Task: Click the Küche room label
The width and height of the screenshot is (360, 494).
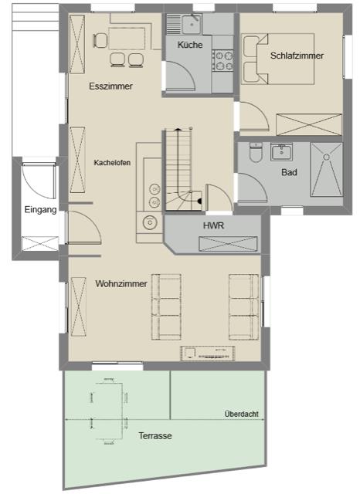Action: pyautogui.click(x=190, y=45)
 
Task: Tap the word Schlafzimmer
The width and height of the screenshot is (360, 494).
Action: pyautogui.click(x=297, y=56)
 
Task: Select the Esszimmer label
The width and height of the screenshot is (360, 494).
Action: pyautogui.click(x=110, y=86)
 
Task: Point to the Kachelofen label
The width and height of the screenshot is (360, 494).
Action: pyautogui.click(x=112, y=163)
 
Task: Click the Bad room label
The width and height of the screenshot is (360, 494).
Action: pyautogui.click(x=289, y=172)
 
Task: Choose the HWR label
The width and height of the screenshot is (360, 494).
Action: pyautogui.click(x=213, y=225)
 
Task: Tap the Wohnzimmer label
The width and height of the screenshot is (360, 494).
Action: pyautogui.click(x=121, y=283)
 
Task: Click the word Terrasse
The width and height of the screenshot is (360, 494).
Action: pyautogui.click(x=155, y=435)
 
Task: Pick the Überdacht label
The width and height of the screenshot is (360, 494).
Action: pyautogui.click(x=242, y=414)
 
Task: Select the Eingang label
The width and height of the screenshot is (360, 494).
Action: pyautogui.click(x=41, y=210)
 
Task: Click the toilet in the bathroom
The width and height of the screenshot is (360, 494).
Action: pyautogui.click(x=256, y=152)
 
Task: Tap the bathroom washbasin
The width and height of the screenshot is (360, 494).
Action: pyautogui.click(x=281, y=151)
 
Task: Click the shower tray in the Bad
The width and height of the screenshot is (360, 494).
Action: pyautogui.click(x=326, y=170)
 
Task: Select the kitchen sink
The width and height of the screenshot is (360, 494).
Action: pyautogui.click(x=183, y=24)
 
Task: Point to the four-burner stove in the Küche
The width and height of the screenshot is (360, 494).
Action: pyautogui.click(x=222, y=60)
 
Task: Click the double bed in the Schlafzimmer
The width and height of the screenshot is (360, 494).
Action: pyautogui.click(x=278, y=59)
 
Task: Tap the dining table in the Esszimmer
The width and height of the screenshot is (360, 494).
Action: pyautogui.click(x=127, y=39)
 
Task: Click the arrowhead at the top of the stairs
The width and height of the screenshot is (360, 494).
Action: pyautogui.click(x=178, y=129)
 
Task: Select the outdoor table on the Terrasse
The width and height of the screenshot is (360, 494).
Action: pyautogui.click(x=109, y=410)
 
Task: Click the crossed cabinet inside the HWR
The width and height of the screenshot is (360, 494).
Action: pyautogui.click(x=228, y=244)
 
